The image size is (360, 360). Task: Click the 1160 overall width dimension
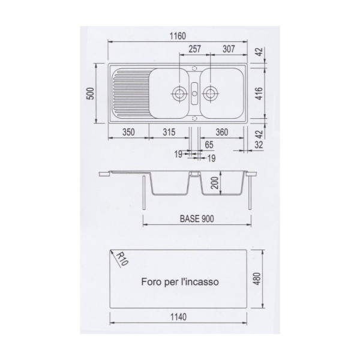(178, 36)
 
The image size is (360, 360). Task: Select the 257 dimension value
(194, 49)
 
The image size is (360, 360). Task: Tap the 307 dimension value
(229, 49)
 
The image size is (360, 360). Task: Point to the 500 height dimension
(91, 94)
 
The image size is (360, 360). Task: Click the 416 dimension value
(259, 93)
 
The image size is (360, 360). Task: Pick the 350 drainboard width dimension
(128, 132)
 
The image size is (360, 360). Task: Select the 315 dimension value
(169, 132)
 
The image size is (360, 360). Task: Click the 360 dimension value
(222, 132)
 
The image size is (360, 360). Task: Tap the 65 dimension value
(209, 145)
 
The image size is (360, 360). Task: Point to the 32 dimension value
(259, 145)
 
